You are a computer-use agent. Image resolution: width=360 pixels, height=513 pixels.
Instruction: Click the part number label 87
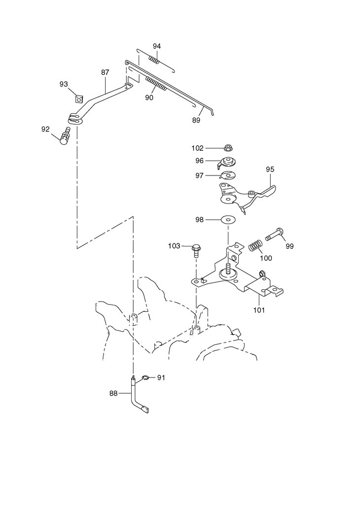[x=105, y=72]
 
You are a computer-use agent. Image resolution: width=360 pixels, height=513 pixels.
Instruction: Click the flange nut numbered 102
[x=228, y=147]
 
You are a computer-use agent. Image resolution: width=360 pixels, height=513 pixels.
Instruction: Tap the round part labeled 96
[x=228, y=162]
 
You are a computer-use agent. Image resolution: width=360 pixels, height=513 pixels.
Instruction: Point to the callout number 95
[x=270, y=169]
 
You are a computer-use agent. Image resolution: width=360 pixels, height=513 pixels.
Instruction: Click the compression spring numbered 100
[x=255, y=245]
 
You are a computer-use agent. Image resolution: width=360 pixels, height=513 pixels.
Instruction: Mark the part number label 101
[x=259, y=310]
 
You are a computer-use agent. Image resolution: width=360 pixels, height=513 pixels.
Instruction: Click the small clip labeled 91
[x=145, y=378]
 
